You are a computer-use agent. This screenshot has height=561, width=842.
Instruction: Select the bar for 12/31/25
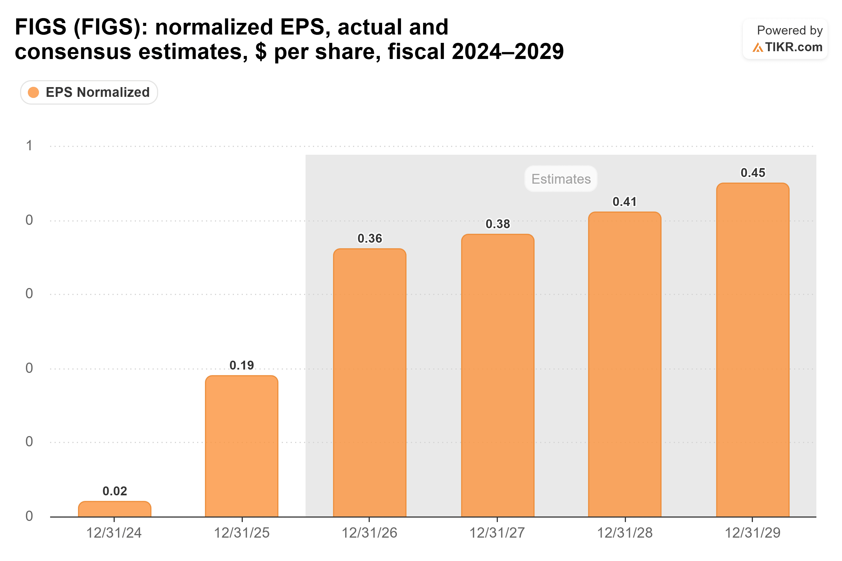[x=242, y=446]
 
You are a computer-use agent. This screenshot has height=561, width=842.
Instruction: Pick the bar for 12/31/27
[x=498, y=376]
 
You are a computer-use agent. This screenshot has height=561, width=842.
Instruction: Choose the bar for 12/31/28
[x=625, y=364]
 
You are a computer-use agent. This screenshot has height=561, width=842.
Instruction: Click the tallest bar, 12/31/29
[x=753, y=350]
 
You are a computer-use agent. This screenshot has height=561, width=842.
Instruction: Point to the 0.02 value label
[x=114, y=491]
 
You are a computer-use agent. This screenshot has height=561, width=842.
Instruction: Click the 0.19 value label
[x=242, y=365]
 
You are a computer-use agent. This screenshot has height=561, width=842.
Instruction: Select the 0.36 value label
[x=370, y=238]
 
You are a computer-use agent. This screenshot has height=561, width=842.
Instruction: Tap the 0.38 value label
[x=498, y=224]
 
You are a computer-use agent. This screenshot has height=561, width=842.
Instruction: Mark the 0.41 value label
[x=625, y=202]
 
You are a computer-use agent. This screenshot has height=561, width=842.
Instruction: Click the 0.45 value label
[x=753, y=173]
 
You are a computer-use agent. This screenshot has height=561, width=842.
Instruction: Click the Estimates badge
[x=561, y=179]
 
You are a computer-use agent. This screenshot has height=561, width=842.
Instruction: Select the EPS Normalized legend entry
[x=89, y=92]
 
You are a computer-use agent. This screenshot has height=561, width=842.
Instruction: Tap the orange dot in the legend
[x=33, y=92]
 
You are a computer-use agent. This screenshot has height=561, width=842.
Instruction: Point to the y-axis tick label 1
[x=29, y=146]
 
